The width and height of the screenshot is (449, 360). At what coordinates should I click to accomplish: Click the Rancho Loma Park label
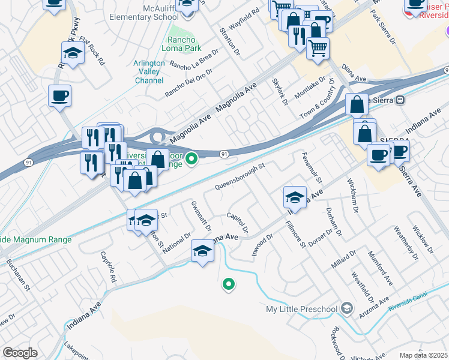181,44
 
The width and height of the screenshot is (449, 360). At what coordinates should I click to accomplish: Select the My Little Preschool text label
301,309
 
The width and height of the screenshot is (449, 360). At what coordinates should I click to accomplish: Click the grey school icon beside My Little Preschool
346,308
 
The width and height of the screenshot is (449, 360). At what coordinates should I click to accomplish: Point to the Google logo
20,353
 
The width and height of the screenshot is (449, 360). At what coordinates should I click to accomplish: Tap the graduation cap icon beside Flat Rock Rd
73,53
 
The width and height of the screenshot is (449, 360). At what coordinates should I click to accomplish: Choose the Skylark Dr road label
280,92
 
